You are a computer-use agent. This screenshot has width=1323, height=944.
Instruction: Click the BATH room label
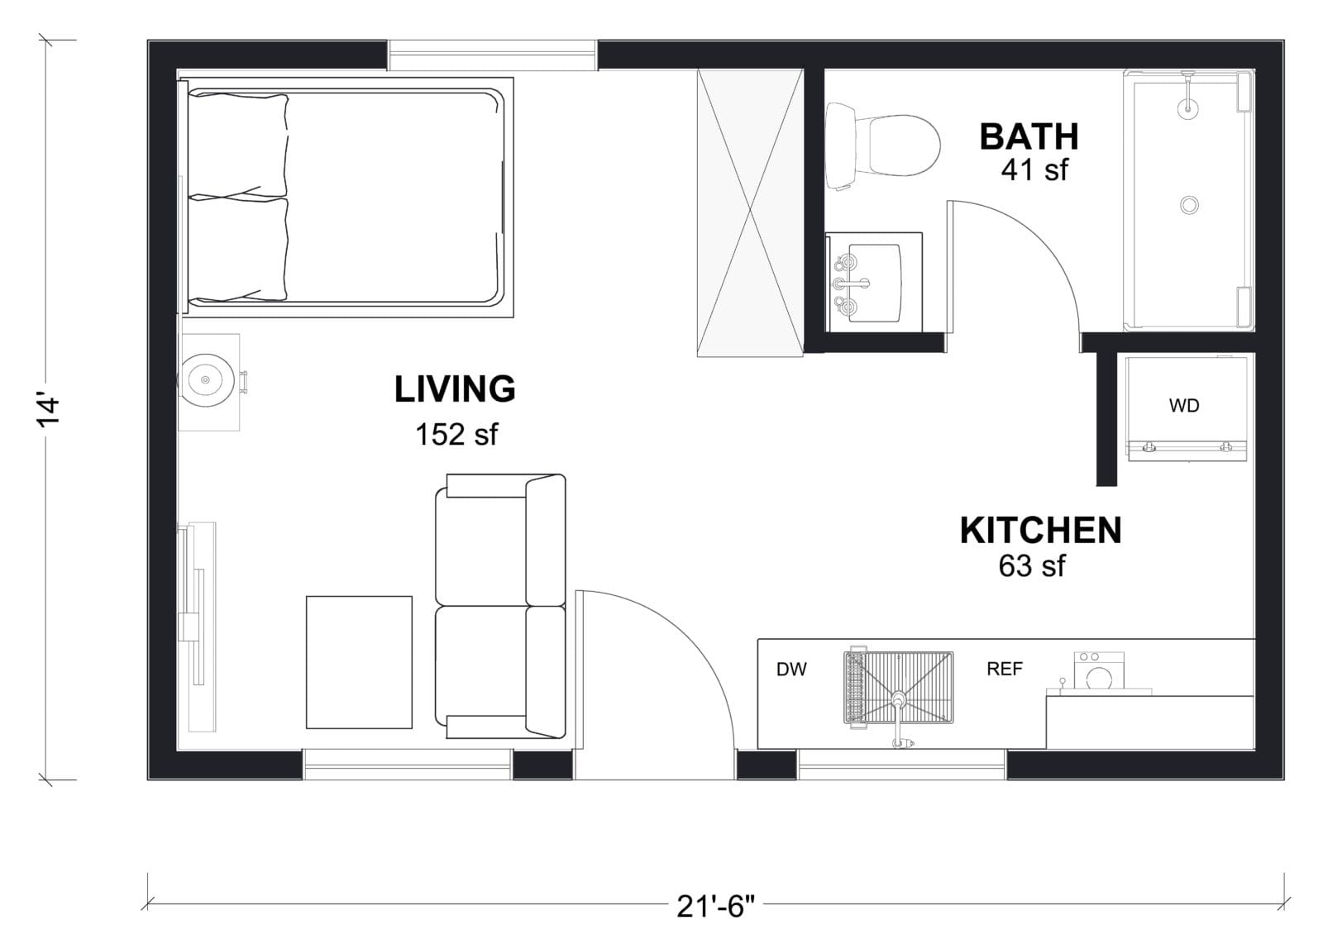[x=1029, y=137]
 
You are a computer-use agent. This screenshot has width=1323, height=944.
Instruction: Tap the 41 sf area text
[x=1034, y=170]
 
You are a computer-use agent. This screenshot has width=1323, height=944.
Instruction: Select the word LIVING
[x=455, y=389]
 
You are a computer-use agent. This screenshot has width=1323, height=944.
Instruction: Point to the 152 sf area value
[x=456, y=435]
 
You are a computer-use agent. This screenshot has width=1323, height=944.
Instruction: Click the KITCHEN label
[x=1041, y=530]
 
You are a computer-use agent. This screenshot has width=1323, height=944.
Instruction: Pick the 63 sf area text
[x=1033, y=565]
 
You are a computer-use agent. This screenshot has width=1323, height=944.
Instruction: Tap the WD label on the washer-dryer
[x=1184, y=406]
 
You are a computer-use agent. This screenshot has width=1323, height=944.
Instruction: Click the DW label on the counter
[x=791, y=670]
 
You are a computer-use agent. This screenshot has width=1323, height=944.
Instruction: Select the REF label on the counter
[x=1005, y=669]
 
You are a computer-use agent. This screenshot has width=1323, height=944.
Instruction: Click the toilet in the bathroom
[x=882, y=145]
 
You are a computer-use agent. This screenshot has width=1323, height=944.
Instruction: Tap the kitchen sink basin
[x=898, y=688]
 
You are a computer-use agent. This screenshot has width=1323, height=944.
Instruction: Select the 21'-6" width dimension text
[x=716, y=907]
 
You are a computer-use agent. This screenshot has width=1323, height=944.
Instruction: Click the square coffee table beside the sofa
[x=359, y=662]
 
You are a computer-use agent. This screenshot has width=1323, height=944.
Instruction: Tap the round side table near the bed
[x=205, y=379]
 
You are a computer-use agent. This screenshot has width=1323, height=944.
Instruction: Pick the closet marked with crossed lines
[x=750, y=212]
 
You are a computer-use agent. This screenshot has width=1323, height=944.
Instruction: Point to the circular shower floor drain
[x=1189, y=205]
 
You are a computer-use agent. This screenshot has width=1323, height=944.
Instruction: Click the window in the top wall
[x=493, y=55]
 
